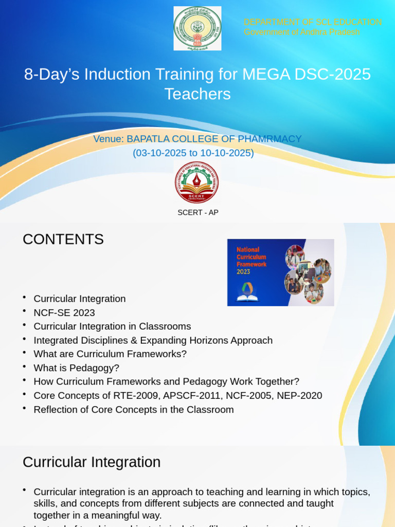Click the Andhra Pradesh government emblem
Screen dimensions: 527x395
[x=197, y=28]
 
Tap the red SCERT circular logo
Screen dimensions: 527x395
[x=196, y=182]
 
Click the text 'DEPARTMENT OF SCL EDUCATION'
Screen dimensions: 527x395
[x=312, y=22]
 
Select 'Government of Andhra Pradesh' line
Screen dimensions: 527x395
[x=301, y=32]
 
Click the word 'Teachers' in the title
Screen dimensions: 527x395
[x=197, y=94]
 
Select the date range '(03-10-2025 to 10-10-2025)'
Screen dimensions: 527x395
[x=193, y=153]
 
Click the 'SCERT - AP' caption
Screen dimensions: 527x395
[x=198, y=213]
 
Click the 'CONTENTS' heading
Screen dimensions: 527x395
[x=63, y=239]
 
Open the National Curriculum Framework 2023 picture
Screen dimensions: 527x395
[x=280, y=272]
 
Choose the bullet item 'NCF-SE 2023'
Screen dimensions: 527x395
[x=64, y=312]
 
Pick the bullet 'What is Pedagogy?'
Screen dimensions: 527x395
[x=76, y=368]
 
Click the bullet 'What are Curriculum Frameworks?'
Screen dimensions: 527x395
[x=110, y=354]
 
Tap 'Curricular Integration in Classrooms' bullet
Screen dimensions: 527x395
[x=112, y=326]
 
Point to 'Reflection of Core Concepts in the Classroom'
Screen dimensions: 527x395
[x=134, y=410]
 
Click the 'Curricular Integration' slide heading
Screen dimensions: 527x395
[x=92, y=462]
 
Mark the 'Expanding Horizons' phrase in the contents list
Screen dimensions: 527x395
[x=192, y=340]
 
